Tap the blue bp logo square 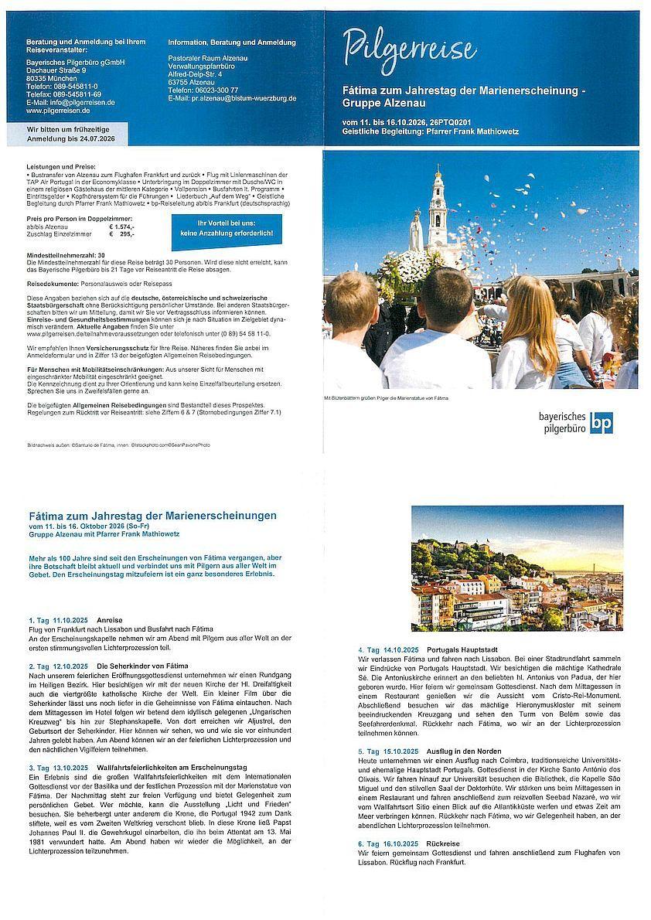click(601, 423)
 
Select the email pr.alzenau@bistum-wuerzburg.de click(233, 98)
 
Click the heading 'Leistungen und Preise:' click(61, 167)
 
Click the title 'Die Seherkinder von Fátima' click(142, 666)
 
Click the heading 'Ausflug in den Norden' click(463, 751)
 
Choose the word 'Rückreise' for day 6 click(443, 843)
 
